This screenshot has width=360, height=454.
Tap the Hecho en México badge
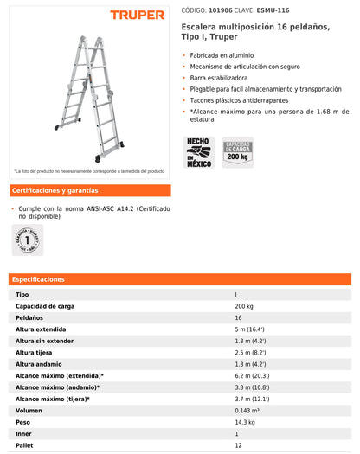(199, 152)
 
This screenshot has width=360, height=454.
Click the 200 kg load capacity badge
(237, 151)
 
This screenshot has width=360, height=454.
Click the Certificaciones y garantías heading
(55, 190)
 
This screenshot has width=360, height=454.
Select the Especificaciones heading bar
(180, 279)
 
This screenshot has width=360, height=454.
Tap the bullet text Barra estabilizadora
(219, 77)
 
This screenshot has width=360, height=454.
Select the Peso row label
(23, 422)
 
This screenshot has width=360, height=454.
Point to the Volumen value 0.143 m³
(248, 411)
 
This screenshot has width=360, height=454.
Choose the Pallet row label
(25, 445)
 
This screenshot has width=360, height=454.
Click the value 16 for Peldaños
(238, 318)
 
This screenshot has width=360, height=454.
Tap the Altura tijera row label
(35, 353)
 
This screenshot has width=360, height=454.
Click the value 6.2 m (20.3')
(252, 376)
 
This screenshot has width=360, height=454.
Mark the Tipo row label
(22, 295)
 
